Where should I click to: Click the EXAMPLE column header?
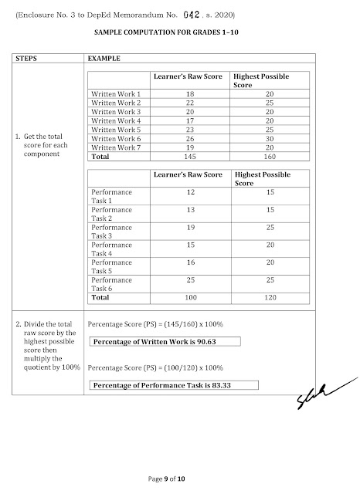pos(104,58)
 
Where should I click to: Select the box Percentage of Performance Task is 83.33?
pos(173,384)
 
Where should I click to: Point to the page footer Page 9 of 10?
pos(179,479)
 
